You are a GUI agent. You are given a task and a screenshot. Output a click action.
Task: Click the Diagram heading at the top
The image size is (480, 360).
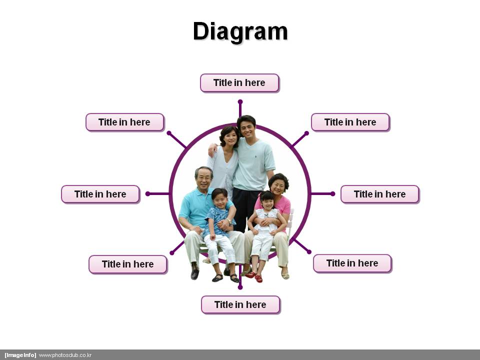[240, 31]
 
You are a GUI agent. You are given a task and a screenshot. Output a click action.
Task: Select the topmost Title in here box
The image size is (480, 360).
[239, 82]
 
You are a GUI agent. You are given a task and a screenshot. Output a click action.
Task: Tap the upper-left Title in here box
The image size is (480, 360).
[125, 122]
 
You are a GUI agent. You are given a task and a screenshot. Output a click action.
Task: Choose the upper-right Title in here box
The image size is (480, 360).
[350, 122]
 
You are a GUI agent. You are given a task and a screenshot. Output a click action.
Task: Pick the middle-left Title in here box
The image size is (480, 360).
[100, 194]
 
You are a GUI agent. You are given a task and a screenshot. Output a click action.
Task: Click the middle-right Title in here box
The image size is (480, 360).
[379, 194]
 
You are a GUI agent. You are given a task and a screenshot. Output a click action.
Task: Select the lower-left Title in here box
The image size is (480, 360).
[128, 264]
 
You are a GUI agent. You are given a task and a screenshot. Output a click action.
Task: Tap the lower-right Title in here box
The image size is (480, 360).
[352, 263]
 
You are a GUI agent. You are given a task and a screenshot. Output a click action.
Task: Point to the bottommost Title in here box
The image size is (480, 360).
[240, 304]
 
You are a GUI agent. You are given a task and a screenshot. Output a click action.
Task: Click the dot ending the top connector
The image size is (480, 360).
[240, 101]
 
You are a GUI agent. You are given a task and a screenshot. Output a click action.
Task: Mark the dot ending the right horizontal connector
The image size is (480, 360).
[333, 194]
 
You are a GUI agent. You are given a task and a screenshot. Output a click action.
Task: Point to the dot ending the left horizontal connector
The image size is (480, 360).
[147, 194]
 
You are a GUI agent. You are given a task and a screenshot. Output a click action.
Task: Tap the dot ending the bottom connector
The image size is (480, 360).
[240, 287]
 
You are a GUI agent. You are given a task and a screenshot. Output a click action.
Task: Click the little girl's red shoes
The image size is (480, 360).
[254, 276]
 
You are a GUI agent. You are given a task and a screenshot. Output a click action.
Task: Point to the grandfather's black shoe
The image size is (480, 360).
[194, 273]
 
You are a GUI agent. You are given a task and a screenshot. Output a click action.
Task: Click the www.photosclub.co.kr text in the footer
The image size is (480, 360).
[65, 355]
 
